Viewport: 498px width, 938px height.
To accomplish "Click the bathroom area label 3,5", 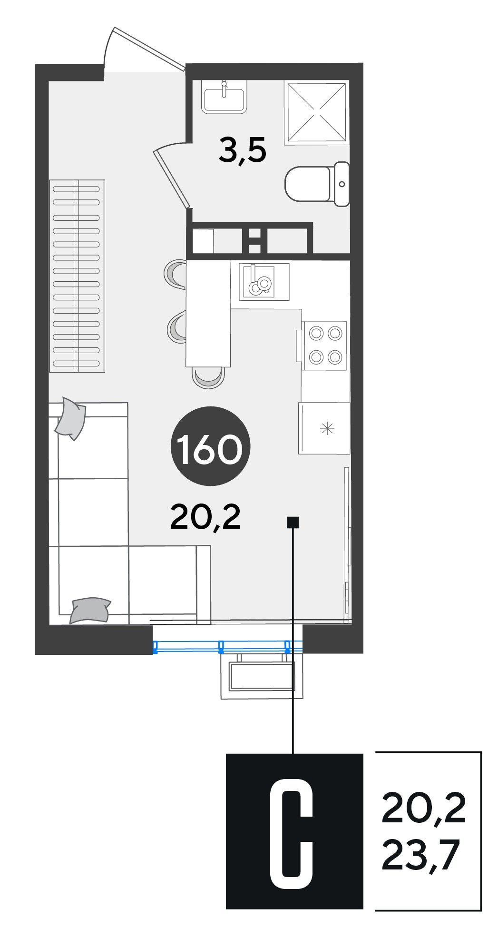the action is (242, 151).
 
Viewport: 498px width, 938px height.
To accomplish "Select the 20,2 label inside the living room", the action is (205, 518).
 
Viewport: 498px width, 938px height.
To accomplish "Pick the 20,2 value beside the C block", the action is (423, 809).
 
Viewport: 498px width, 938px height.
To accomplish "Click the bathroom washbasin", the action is (224, 97).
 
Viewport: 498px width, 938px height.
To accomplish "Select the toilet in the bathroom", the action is (317, 184).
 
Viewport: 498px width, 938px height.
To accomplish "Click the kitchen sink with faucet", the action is (259, 281).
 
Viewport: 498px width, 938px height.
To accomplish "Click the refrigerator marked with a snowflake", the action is (324, 428).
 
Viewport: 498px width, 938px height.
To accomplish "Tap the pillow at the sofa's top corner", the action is (70, 418).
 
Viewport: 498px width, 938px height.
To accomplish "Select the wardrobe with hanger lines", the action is (77, 276).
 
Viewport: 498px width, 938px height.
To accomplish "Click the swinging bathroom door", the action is (172, 174).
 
